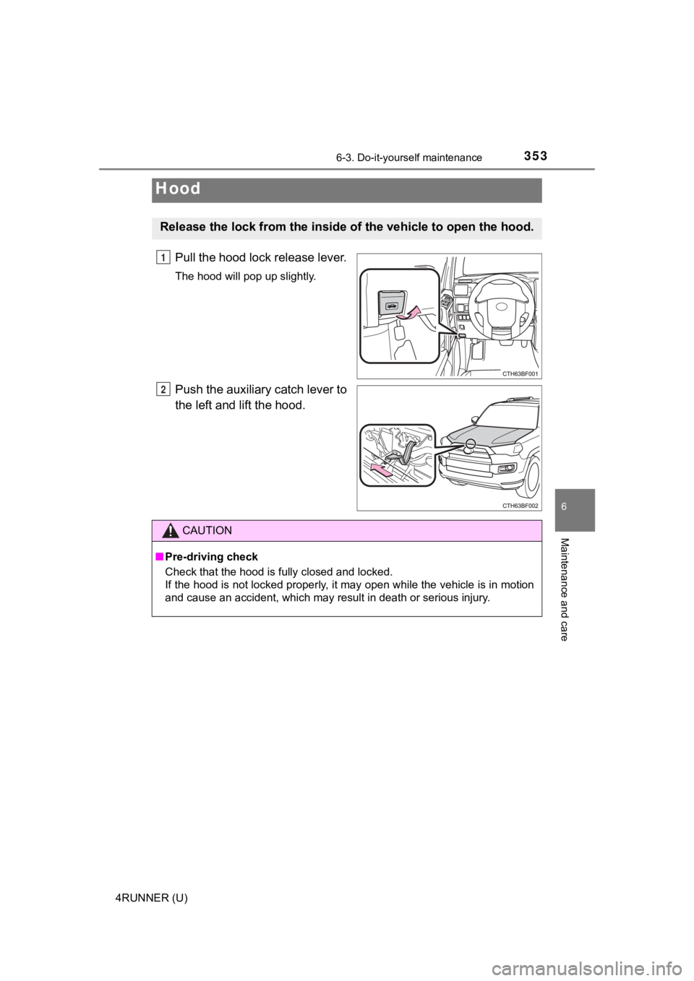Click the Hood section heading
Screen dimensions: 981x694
(x=178, y=189)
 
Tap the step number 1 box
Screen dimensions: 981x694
(x=165, y=258)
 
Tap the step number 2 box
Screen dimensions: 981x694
(x=165, y=390)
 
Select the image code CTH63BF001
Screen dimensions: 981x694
(x=520, y=373)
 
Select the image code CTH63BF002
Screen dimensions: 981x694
(x=520, y=506)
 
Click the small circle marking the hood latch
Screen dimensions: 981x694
(x=470, y=444)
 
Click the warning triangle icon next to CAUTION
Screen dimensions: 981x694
(x=170, y=531)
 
